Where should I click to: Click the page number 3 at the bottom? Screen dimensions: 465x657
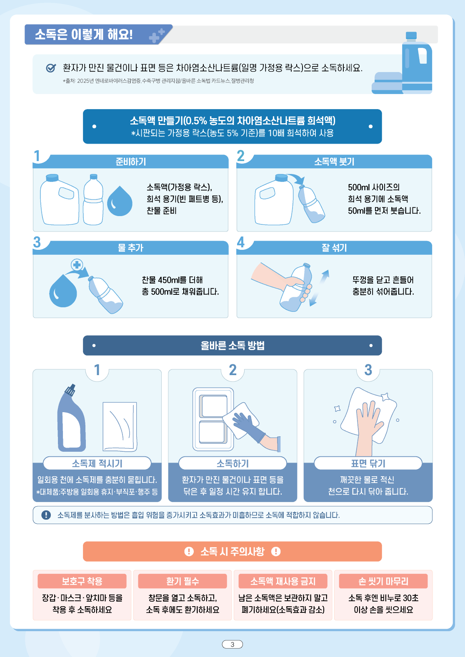[x=232, y=645]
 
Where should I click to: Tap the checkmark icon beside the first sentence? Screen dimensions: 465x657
[x=51, y=68]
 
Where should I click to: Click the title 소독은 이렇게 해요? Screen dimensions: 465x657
[x=84, y=34]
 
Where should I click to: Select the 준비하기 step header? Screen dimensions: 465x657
[x=131, y=162]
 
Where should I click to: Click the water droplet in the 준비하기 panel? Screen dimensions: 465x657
[x=120, y=201]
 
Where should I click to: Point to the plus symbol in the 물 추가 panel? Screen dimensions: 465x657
[x=77, y=265]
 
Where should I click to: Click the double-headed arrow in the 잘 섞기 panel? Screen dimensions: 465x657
[x=319, y=288]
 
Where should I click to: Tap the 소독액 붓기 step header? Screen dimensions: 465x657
[x=334, y=162]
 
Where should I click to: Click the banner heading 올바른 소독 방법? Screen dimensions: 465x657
[x=232, y=346]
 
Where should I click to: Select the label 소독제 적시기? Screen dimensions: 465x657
[x=97, y=463]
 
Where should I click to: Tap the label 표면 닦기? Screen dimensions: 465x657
[x=368, y=463]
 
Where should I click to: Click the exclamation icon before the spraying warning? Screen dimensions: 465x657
[x=46, y=515]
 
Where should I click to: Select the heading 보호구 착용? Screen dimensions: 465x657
[x=82, y=581]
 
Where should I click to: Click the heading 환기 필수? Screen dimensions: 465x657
[x=182, y=581]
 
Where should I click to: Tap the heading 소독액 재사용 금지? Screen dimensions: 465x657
[x=282, y=581]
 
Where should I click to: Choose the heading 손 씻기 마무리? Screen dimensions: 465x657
[x=383, y=581]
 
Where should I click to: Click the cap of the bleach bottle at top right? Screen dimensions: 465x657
[x=411, y=35]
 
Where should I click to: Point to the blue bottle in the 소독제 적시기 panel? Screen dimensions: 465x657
[x=71, y=419]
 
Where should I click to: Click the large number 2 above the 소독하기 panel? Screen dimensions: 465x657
[x=232, y=370]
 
